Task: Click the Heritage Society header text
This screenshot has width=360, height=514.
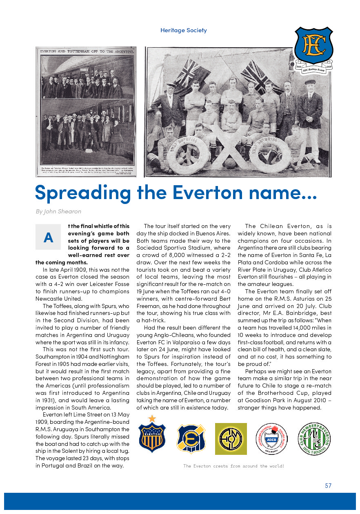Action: coord(183,30)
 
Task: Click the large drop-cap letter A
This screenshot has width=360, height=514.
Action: coord(48,237)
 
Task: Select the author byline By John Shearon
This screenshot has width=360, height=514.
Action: coord(58,211)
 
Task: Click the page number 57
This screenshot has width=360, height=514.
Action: coord(328,485)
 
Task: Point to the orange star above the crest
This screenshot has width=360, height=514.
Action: coord(152,418)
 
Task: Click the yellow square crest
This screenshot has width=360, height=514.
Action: coord(231,439)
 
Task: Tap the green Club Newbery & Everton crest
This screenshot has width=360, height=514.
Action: coord(315,439)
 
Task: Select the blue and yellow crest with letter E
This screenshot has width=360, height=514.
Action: coord(191,439)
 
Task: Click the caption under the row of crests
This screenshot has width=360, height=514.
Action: coord(233,466)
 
